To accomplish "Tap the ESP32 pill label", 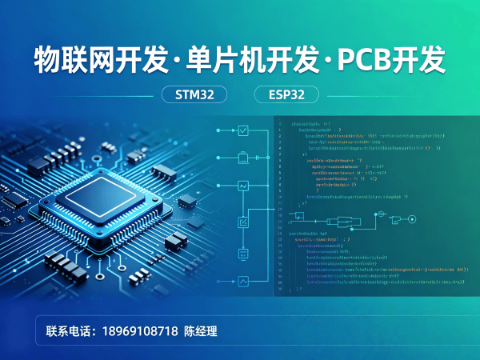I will click(x=286, y=94).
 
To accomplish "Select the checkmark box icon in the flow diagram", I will click(x=244, y=130).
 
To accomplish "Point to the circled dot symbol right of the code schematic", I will click(x=381, y=216).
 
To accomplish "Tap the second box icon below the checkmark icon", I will click(x=244, y=158).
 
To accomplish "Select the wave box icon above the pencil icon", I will click(x=244, y=186).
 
